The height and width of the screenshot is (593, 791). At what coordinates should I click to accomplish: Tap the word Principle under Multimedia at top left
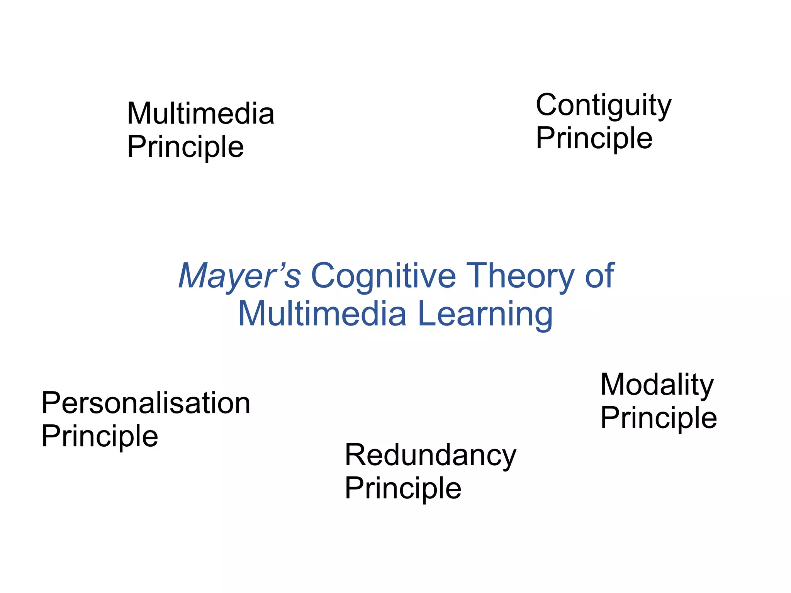(185, 147)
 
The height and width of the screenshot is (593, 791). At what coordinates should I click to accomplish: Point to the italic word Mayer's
(239, 276)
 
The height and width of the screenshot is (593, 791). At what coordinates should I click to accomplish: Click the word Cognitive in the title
(383, 276)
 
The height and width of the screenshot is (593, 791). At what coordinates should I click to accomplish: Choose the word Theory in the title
(520, 276)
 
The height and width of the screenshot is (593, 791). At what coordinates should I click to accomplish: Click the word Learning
(485, 314)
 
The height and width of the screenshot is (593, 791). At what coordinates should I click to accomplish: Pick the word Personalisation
(146, 403)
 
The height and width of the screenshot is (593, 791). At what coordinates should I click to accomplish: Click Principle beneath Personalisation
(100, 436)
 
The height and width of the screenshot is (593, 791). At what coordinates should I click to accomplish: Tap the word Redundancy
(430, 456)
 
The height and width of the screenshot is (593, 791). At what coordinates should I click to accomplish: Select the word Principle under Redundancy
(403, 488)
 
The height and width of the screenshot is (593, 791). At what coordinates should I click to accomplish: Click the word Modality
(657, 385)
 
